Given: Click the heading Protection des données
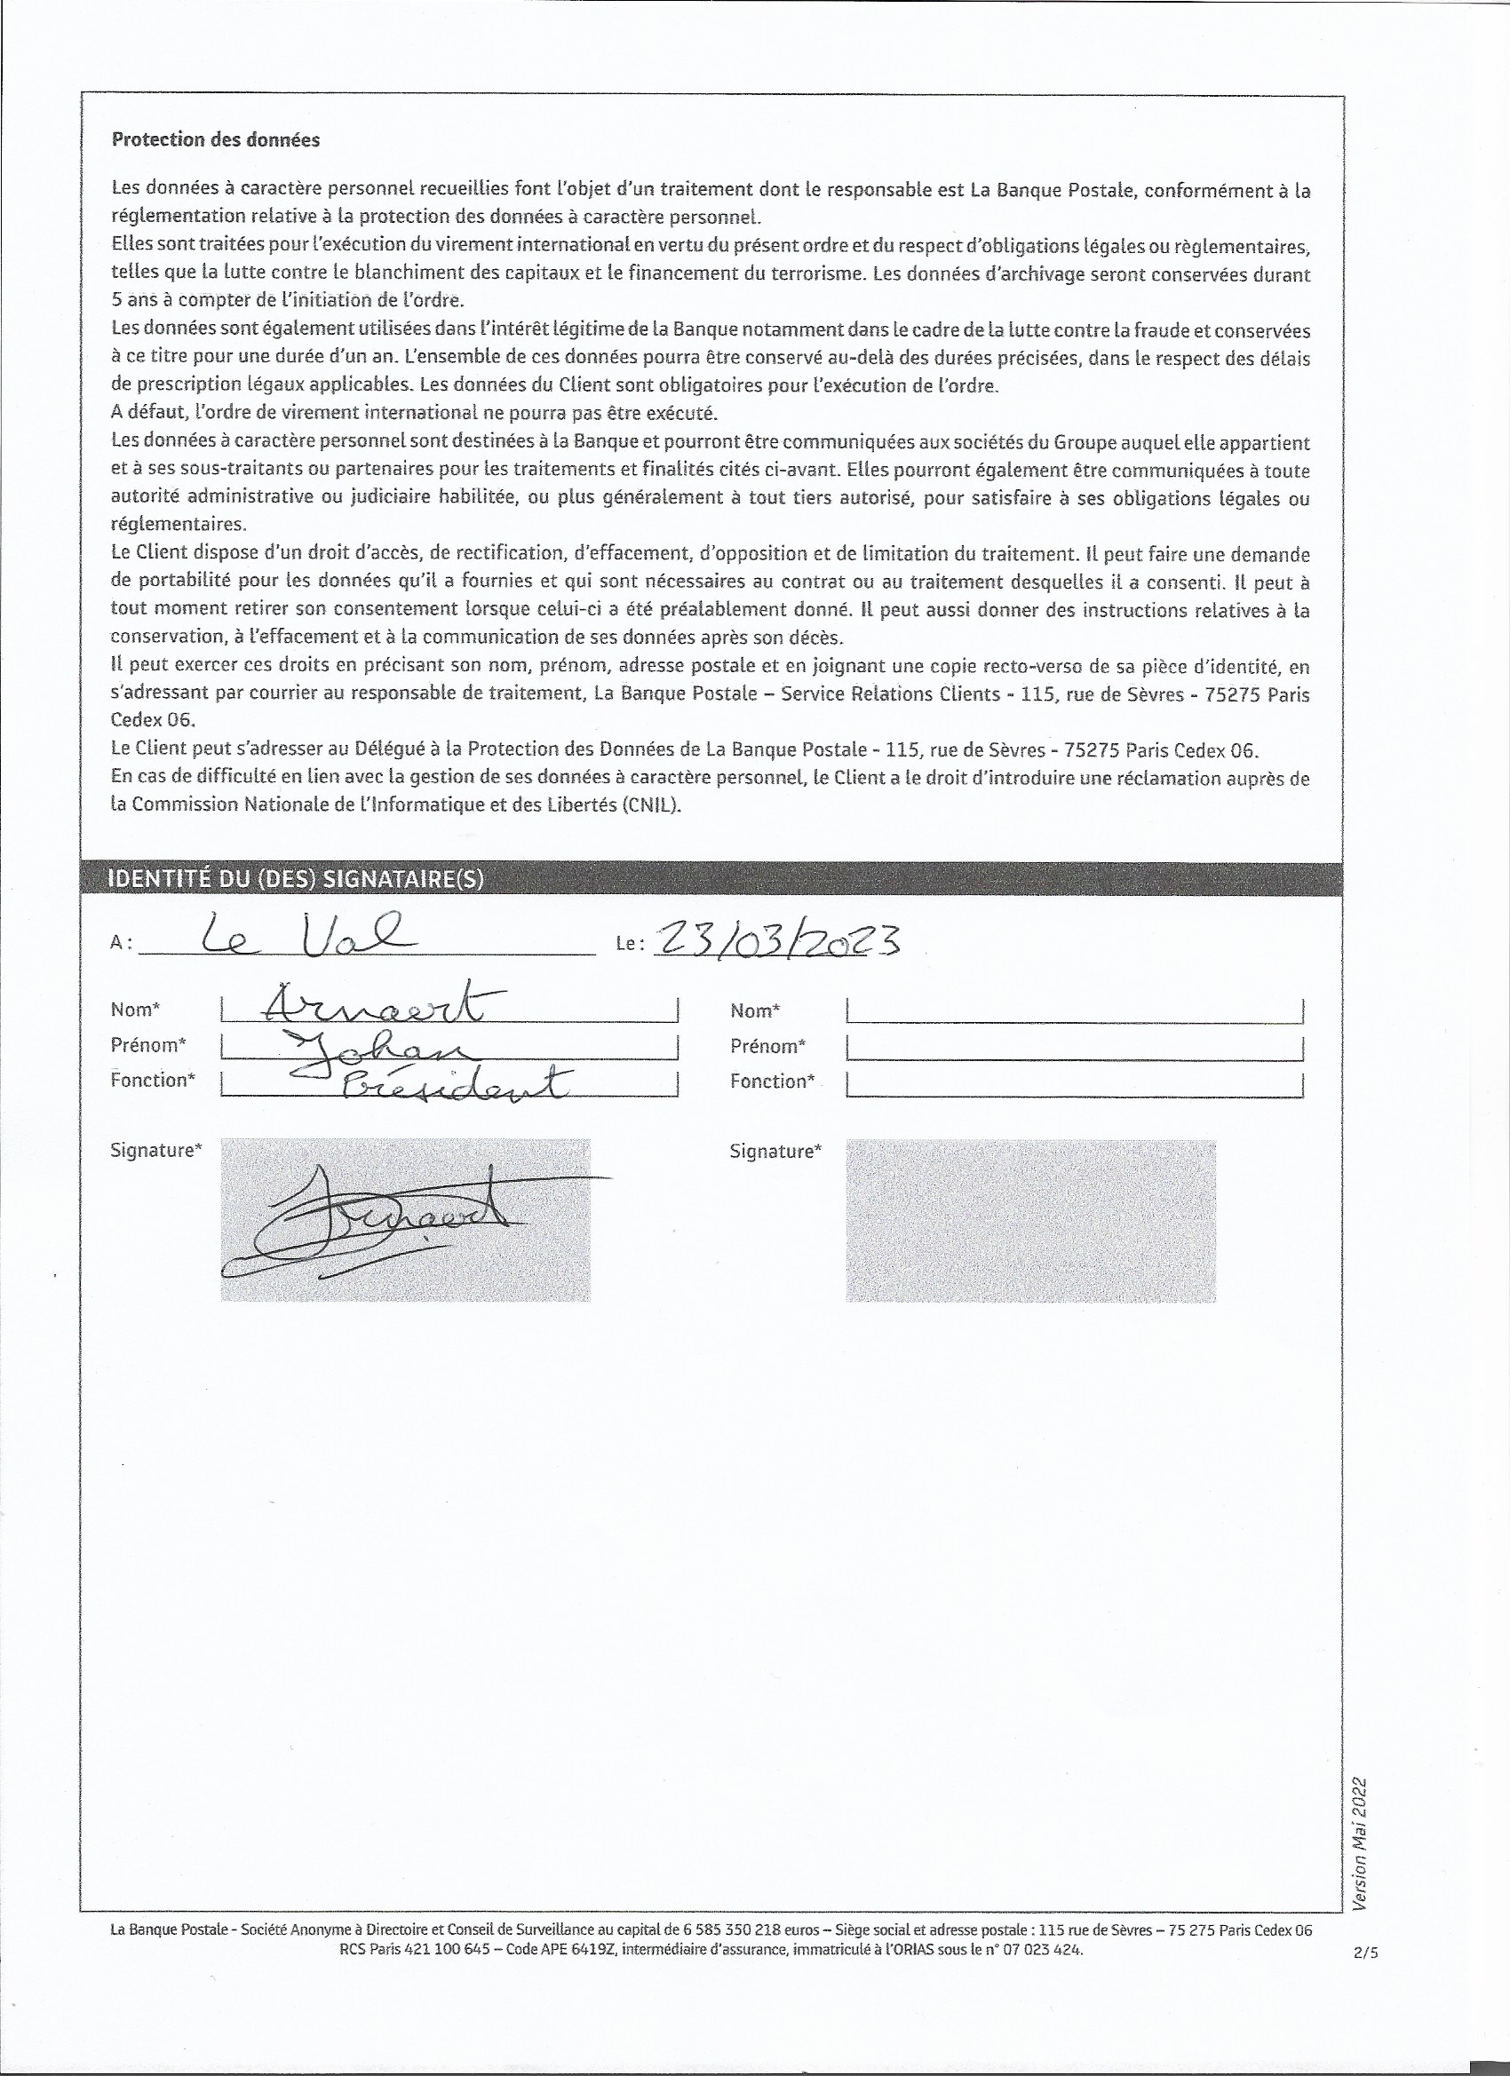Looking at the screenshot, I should tap(215, 140).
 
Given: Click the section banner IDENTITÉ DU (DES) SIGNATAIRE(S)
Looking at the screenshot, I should tap(296, 879).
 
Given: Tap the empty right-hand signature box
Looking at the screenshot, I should tap(1030, 1219).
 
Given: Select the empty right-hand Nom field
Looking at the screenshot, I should tap(1074, 1010).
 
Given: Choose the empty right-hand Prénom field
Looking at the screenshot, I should tap(1074, 1046).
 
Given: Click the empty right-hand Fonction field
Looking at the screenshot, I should tap(1074, 1083).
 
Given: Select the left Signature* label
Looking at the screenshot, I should tap(155, 1151).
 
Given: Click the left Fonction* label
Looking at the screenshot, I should tap(153, 1080).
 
